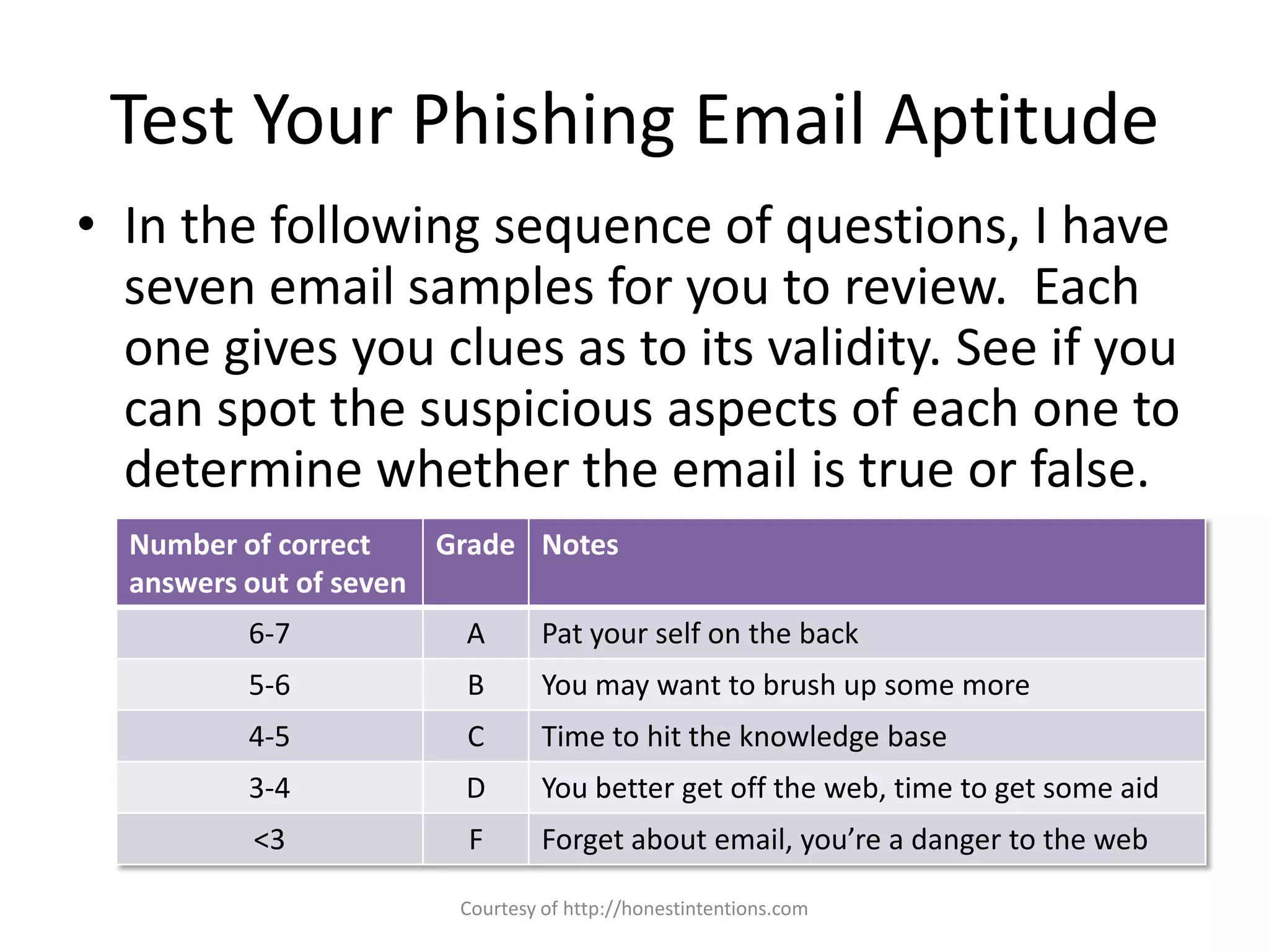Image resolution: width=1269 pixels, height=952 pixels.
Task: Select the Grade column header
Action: [475, 545]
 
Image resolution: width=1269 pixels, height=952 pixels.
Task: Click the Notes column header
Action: [580, 545]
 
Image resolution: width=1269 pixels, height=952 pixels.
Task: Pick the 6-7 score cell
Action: [270, 633]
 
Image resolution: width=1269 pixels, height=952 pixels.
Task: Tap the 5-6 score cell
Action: [270, 685]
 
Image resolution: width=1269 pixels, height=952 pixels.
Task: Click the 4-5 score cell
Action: [270, 736]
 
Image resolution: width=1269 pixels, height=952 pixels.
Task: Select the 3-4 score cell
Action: [270, 788]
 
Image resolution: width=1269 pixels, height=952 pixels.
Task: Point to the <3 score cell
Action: [270, 839]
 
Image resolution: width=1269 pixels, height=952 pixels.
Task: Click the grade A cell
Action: [475, 633]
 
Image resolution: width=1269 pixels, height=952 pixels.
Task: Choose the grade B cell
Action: [475, 685]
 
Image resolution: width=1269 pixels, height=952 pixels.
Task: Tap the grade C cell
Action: [475, 736]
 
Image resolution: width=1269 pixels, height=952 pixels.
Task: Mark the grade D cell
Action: [475, 788]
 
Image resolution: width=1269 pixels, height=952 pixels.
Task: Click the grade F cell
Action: [475, 839]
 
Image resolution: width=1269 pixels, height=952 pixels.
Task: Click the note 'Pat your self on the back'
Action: [700, 633]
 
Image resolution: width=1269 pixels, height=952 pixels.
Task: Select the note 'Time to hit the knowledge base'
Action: [744, 736]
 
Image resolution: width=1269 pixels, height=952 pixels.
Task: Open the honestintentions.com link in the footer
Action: [685, 909]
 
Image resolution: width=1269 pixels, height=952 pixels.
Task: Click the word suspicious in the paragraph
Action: [536, 409]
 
